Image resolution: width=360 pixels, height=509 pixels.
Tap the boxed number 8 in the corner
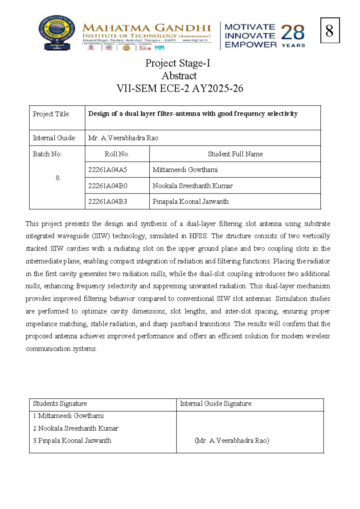(x=329, y=31)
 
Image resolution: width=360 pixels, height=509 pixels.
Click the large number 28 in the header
(x=292, y=32)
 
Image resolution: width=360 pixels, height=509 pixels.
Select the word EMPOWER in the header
(x=250, y=45)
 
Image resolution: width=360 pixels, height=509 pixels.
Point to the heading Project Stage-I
(x=178, y=63)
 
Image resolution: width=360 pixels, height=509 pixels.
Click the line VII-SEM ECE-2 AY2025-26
(x=179, y=89)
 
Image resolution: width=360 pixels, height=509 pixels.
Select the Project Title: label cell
(x=51, y=114)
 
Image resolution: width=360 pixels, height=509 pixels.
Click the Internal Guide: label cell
(x=54, y=138)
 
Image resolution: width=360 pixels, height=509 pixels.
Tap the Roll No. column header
(x=117, y=154)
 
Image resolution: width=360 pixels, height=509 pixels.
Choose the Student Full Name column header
(x=235, y=154)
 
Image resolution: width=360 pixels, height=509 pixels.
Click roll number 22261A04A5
(x=107, y=170)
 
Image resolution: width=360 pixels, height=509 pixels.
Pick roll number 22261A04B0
(x=107, y=186)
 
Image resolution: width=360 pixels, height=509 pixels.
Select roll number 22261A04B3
(x=107, y=201)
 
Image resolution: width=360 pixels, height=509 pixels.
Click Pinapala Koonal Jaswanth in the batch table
(x=190, y=201)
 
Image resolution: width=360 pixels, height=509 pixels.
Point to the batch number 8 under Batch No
(x=57, y=178)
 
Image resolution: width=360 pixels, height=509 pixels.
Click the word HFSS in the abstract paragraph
(x=198, y=236)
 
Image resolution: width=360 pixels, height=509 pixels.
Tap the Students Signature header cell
(x=60, y=404)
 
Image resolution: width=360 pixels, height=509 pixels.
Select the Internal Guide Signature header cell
(x=215, y=404)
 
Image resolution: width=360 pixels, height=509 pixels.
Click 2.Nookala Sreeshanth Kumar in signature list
(x=76, y=429)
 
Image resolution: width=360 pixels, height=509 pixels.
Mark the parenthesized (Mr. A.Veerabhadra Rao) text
(x=232, y=441)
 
